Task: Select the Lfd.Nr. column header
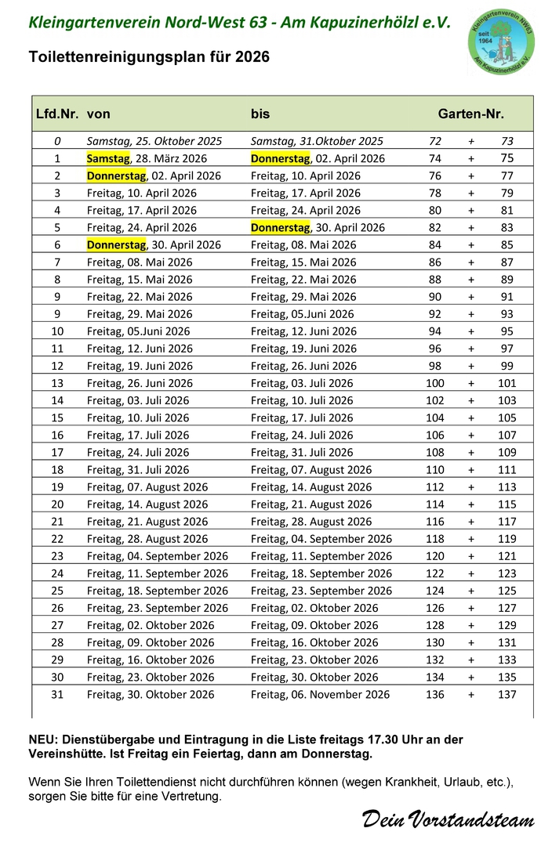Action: tap(57, 114)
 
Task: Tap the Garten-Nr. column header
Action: tap(470, 114)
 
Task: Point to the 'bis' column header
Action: tap(260, 114)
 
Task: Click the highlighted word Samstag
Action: tap(107, 158)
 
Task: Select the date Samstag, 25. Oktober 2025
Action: tap(154, 141)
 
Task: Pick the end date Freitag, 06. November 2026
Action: tap(320, 694)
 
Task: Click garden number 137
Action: tap(507, 694)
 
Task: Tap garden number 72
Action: tap(436, 141)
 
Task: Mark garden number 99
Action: tap(507, 366)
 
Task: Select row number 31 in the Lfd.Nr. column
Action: tap(57, 694)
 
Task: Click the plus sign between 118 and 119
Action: tap(471, 538)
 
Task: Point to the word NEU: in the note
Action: tap(41, 739)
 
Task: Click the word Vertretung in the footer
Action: tap(193, 797)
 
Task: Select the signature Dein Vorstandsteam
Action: tap(447, 819)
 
